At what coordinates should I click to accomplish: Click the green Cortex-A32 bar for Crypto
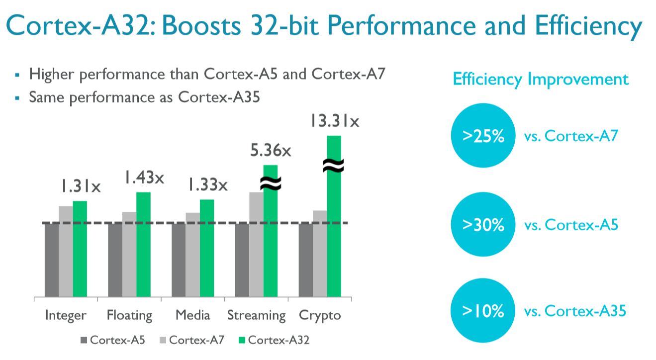(x=334, y=239)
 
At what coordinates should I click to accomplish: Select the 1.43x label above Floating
(x=144, y=178)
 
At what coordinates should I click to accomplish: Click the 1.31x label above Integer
(x=81, y=186)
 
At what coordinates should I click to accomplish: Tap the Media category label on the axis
(x=193, y=315)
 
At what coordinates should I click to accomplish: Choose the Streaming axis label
(x=257, y=315)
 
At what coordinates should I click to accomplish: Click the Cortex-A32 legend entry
(x=274, y=340)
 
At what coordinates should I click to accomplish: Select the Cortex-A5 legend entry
(x=112, y=340)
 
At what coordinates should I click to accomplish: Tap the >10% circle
(x=483, y=312)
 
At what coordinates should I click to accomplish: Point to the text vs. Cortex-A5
(x=571, y=225)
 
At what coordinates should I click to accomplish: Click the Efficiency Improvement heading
(x=540, y=79)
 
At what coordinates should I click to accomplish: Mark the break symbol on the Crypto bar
(x=333, y=166)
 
